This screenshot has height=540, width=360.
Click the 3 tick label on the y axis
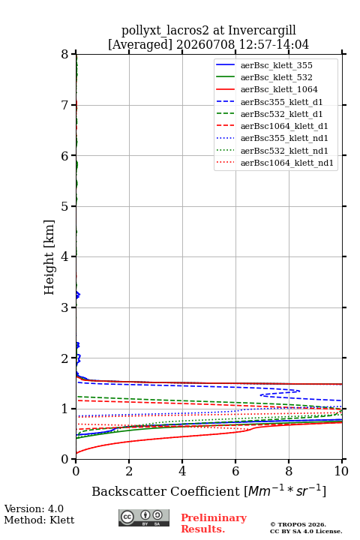(64, 307)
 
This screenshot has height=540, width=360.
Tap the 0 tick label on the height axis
(64, 459)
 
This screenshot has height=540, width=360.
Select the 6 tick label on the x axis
(235, 471)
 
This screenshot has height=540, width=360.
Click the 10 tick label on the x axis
(341, 471)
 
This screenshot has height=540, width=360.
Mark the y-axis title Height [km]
(49, 257)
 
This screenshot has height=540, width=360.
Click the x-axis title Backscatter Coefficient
(166, 491)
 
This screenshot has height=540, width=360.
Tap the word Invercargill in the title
(262, 31)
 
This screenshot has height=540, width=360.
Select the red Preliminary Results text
(214, 523)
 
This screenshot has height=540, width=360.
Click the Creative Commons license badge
(144, 518)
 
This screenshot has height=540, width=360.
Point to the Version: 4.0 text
(34, 508)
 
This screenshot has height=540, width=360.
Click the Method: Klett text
(39, 520)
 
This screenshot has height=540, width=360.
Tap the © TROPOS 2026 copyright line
(298, 524)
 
